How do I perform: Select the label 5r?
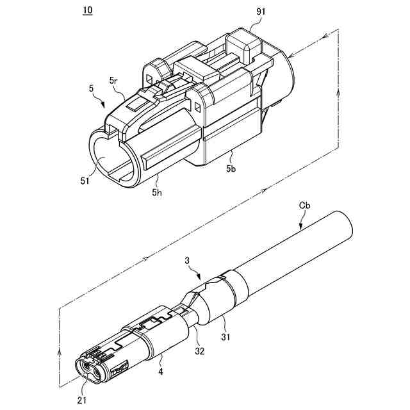pos(113,81)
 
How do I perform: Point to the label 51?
pos(85,180)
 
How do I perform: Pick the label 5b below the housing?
pos(231,169)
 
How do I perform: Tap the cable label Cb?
pos(305,206)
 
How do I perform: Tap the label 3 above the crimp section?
pos(187,261)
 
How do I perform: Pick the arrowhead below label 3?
pos(200,276)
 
